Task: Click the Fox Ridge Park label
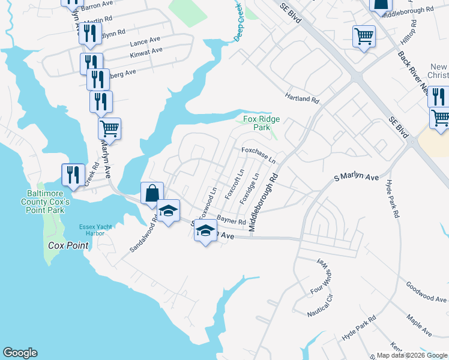261,124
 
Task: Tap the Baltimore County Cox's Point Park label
49,202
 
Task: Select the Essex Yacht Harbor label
96,230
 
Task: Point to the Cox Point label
69,246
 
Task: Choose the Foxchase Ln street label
259,155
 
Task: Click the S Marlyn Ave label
357,178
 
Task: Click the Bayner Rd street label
232,221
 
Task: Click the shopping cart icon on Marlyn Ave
109,128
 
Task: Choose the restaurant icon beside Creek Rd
73,175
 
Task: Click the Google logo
20,353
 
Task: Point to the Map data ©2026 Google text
411,355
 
